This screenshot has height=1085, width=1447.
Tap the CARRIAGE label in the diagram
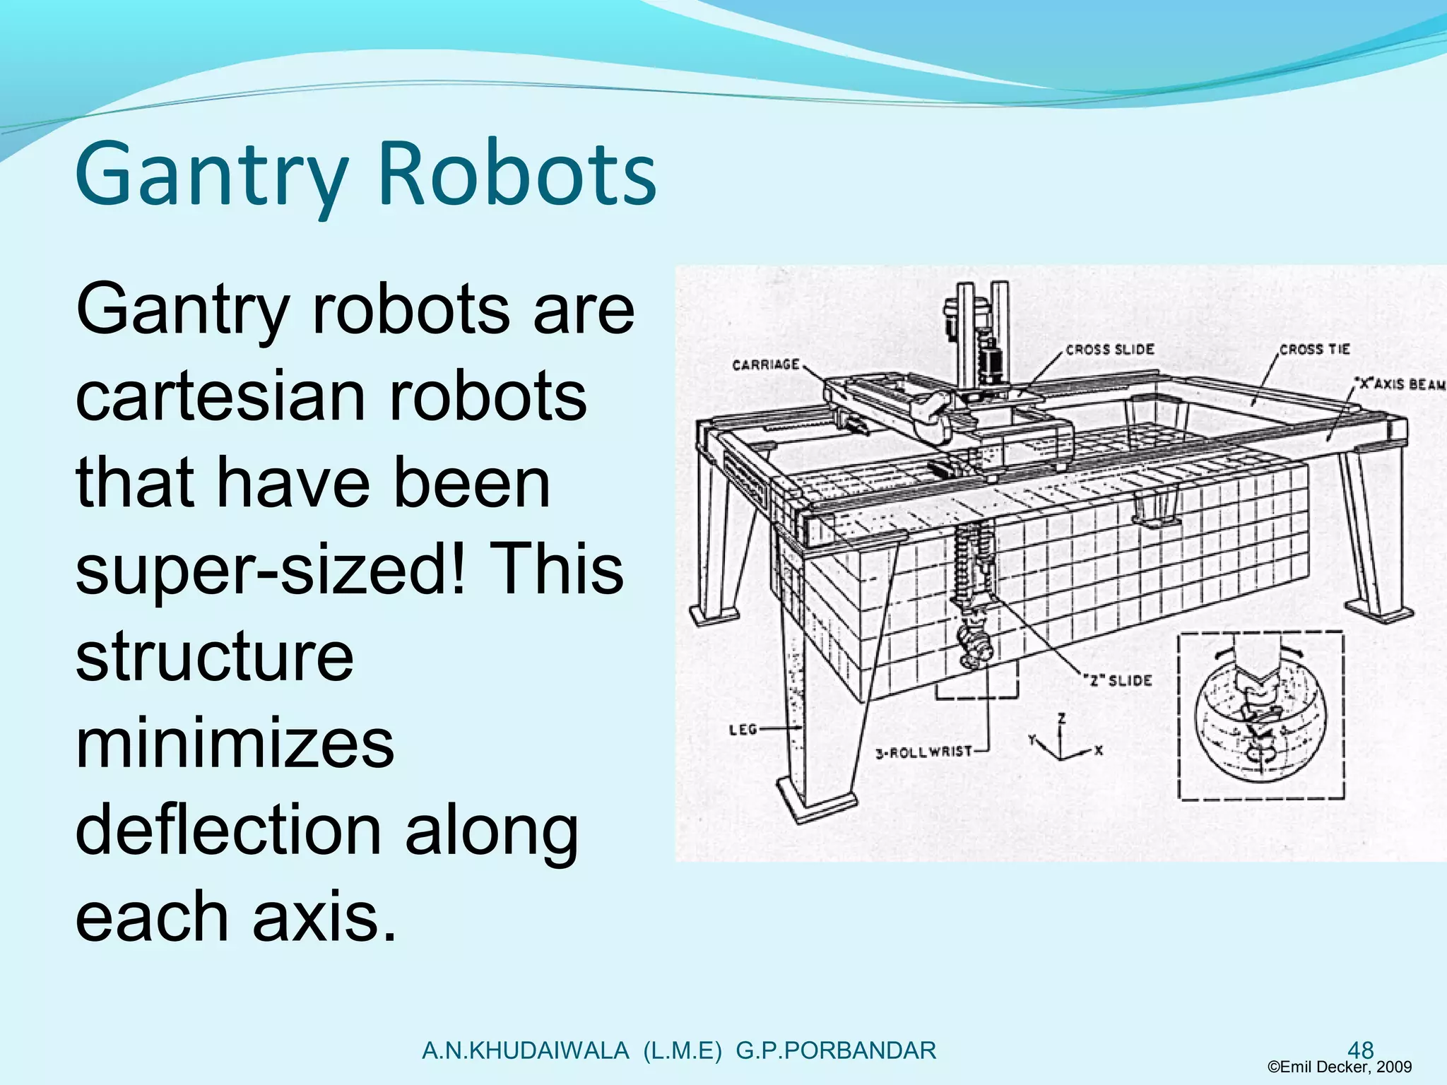tap(765, 364)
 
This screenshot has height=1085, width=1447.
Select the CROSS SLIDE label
tap(1109, 350)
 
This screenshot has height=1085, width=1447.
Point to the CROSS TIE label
tap(1314, 350)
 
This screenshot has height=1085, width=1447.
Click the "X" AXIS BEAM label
tap(1399, 384)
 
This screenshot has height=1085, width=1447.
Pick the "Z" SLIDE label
tap(1118, 680)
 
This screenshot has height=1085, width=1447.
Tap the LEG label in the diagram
tap(743, 729)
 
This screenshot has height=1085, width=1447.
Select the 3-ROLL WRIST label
tap(923, 752)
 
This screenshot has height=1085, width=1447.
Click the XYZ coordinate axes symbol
tap(1063, 740)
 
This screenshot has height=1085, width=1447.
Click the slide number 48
tap(1361, 1050)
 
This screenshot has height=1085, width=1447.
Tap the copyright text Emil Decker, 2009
tap(1340, 1067)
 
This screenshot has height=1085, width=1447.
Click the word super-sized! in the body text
tap(271, 569)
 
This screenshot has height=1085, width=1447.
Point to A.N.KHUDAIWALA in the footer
tap(525, 1050)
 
